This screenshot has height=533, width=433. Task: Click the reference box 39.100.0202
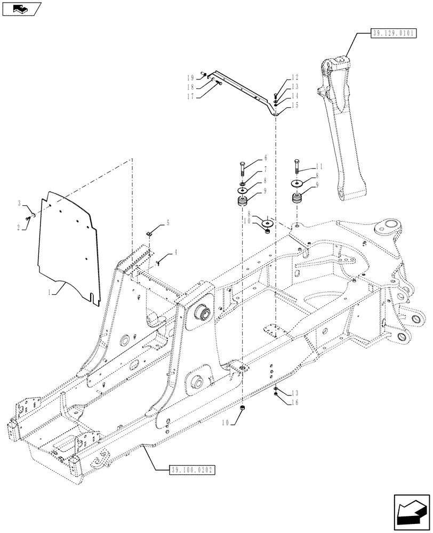(191, 470)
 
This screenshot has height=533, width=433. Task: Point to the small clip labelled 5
(150, 233)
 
